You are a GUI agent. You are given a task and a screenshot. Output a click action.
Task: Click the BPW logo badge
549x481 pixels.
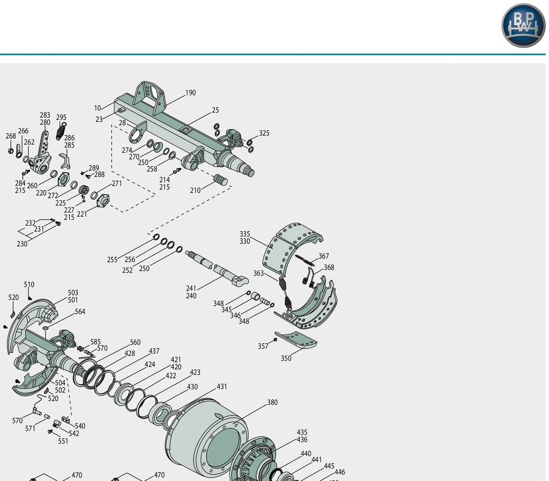pyautogui.click(x=523, y=25)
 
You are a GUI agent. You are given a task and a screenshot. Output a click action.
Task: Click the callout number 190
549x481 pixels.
pyautogui.click(x=190, y=93)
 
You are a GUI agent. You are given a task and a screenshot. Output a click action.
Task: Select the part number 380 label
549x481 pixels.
pyautogui.click(x=272, y=402)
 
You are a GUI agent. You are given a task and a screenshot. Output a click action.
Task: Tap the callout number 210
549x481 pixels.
pyautogui.click(x=195, y=190)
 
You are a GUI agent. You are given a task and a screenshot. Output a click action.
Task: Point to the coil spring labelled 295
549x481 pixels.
pyautogui.click(x=61, y=131)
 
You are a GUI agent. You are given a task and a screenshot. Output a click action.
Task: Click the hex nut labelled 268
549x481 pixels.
pyautogui.click(x=11, y=151)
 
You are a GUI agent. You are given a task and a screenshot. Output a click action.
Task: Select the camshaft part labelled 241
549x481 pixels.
pyautogui.click(x=217, y=268)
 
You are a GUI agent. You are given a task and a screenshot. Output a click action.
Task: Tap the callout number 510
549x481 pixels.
pyautogui.click(x=29, y=285)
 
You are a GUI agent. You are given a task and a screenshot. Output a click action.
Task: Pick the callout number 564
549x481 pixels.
pyautogui.click(x=80, y=312)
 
